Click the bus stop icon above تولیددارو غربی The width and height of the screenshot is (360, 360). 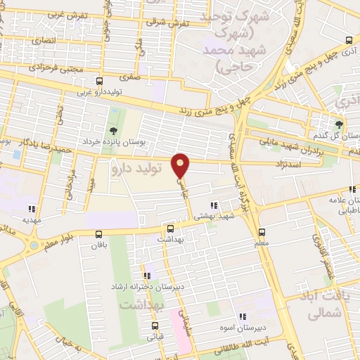point(99,81)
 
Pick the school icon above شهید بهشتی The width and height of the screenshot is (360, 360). point(214,205)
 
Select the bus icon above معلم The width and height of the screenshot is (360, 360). point(262,231)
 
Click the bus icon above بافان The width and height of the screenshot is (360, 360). point(98,236)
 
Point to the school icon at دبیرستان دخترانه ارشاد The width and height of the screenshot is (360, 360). point(146,276)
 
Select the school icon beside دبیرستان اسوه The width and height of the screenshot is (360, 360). point(242,317)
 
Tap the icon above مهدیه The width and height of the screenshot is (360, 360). point(31,208)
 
